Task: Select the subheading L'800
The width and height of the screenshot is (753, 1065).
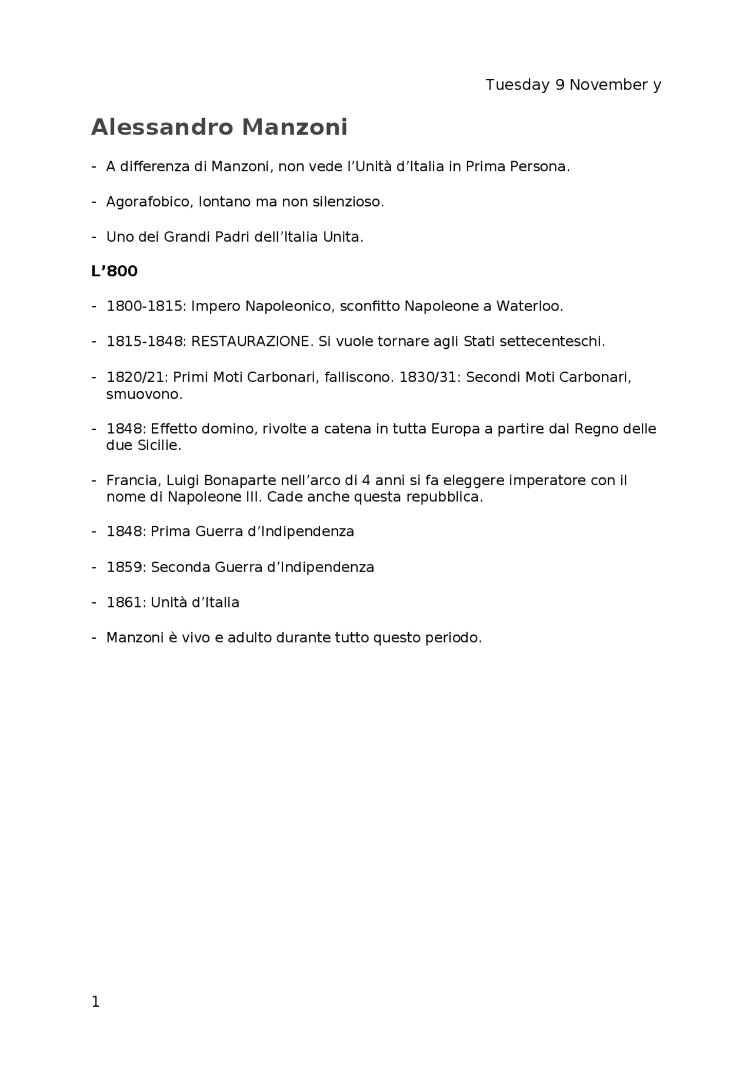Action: click(114, 271)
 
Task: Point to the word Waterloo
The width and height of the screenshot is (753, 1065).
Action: click(529, 306)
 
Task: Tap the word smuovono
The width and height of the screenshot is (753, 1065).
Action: click(144, 394)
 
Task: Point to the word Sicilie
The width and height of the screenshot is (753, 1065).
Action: click(159, 445)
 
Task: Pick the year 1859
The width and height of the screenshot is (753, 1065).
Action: click(126, 567)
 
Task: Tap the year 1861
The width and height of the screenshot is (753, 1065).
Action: click(126, 603)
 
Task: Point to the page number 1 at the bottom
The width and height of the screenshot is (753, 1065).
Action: click(96, 1001)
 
